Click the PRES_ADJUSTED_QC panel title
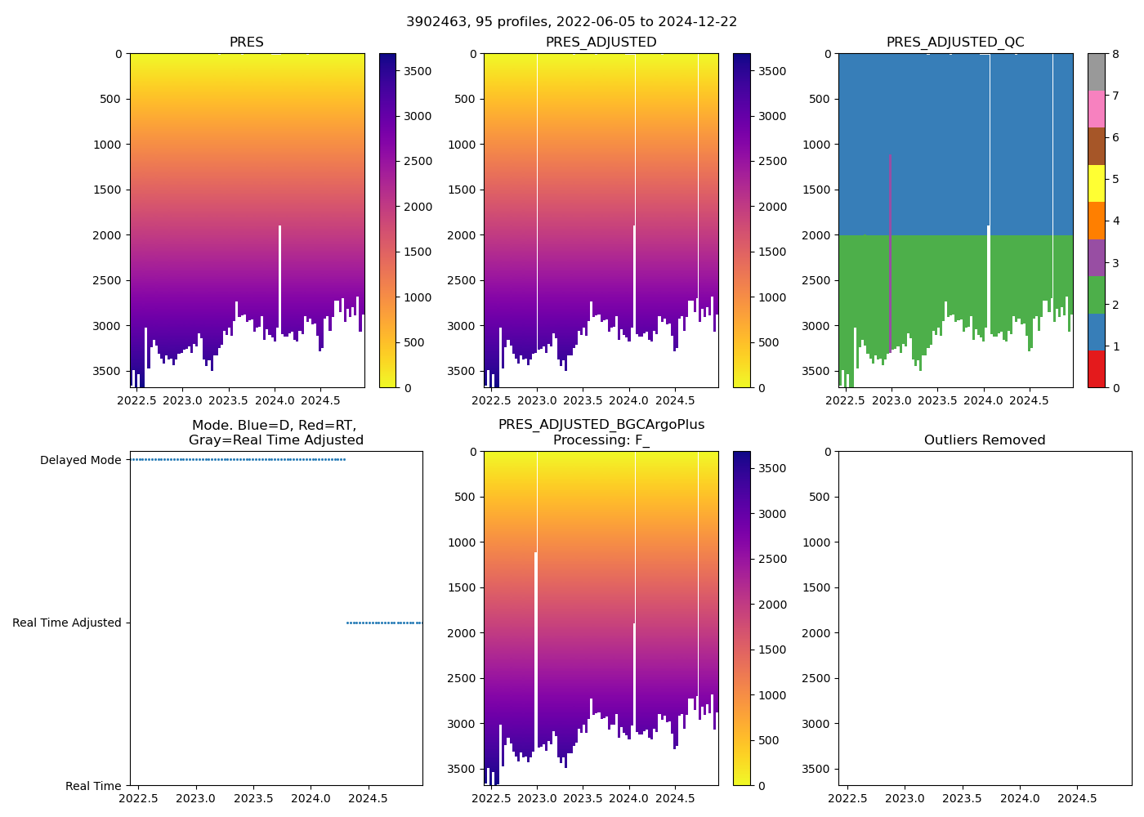coord(955,42)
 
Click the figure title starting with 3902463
coord(571,22)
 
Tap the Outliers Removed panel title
coord(985,440)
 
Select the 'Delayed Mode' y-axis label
coord(80,460)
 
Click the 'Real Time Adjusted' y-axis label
coord(66,623)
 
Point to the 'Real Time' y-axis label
coord(93,786)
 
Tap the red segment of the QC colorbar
coord(1096,368)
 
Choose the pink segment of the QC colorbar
coord(1096,109)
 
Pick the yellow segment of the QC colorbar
coord(1096,183)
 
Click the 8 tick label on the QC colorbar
coord(1115,54)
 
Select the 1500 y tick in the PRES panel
coord(108,190)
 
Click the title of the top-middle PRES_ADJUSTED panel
coord(601,42)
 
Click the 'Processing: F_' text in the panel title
coord(601,440)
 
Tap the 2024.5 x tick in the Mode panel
coord(368,798)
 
